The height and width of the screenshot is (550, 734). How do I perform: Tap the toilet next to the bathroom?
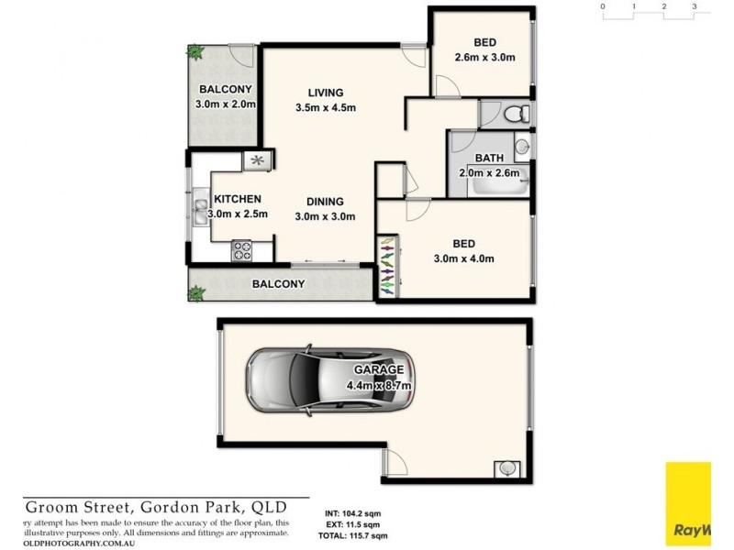tap(514, 114)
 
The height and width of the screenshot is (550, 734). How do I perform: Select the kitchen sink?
tap(199, 213)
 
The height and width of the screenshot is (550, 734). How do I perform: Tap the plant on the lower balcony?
tap(195, 293)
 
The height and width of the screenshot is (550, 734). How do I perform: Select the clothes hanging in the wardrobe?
tap(387, 266)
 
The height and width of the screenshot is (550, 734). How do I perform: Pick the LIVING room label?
tap(325, 93)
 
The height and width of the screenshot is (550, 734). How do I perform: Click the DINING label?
tap(325, 202)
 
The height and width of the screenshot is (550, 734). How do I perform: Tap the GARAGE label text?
tap(389, 368)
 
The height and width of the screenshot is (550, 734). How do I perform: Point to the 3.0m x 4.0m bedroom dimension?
tap(464, 258)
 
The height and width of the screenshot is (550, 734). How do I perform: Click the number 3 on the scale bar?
tap(695, 6)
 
